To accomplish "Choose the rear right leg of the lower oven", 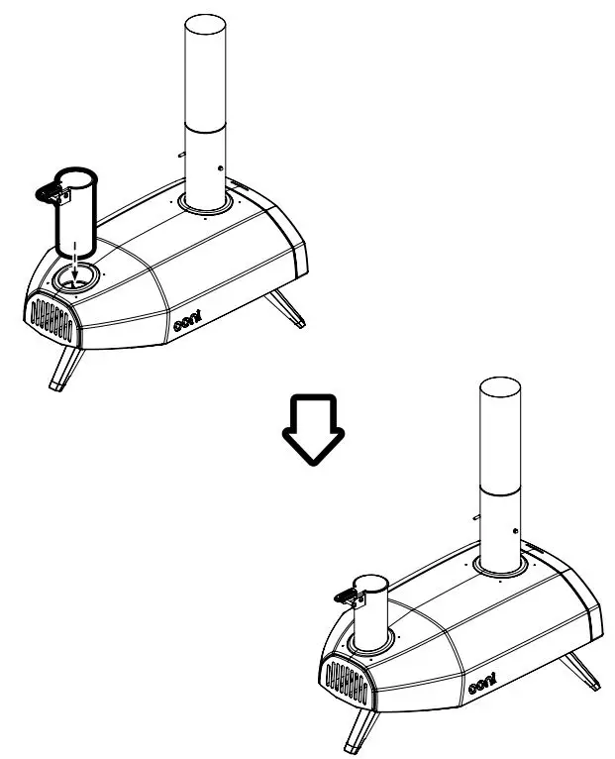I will coord(583,670).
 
